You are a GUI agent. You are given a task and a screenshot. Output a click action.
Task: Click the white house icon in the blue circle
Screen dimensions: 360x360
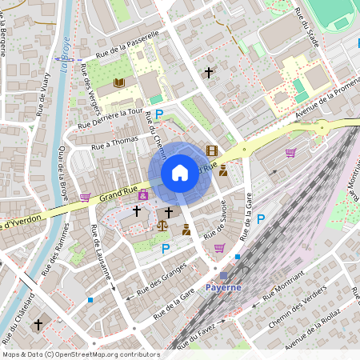(179, 172)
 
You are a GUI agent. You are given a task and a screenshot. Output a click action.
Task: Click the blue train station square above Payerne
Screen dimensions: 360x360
(223, 275)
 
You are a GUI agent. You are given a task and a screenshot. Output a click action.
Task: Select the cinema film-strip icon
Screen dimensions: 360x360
(211, 150)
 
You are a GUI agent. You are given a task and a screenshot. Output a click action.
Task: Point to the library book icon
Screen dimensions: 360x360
(119, 82)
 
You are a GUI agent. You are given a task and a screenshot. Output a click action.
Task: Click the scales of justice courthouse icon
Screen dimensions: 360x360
(163, 226)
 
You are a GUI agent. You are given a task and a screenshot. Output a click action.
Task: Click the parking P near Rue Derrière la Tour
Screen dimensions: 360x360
(158, 115)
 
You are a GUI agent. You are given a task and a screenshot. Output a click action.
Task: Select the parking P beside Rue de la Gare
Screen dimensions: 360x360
(260, 218)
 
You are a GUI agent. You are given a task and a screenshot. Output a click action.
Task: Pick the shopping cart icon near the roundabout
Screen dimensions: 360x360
(290, 152)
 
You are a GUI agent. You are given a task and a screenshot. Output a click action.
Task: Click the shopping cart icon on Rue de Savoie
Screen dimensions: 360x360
(219, 248)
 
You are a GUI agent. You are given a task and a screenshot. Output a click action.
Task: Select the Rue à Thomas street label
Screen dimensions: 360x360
(114, 142)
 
